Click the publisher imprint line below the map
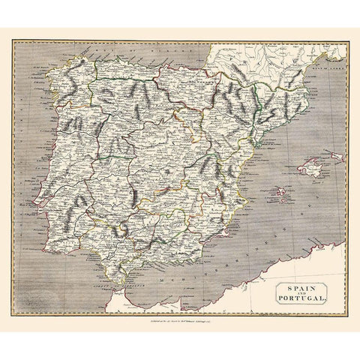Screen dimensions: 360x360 (x=180, y=325)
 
